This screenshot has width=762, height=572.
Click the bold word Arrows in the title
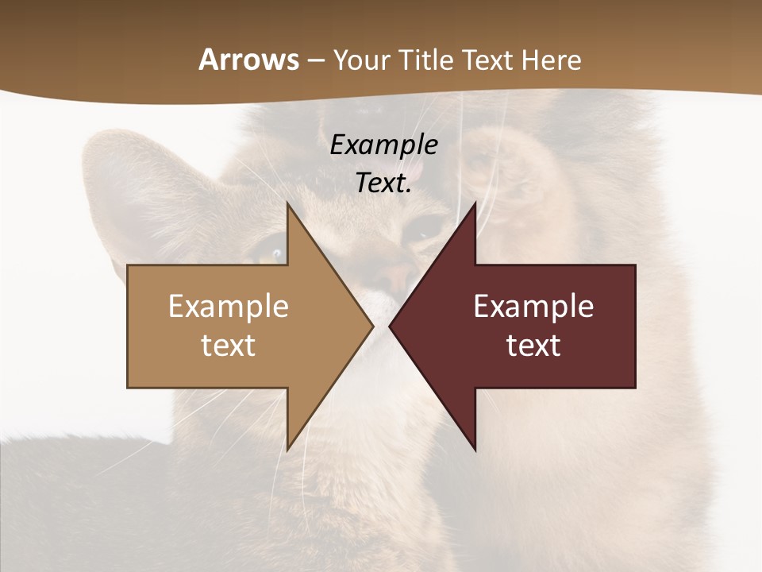248,60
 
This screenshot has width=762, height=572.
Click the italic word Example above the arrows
383,145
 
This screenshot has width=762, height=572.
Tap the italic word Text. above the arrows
383,183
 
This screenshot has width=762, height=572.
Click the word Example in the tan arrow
229,307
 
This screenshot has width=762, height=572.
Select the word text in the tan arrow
229,346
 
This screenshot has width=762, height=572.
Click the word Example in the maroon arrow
533,307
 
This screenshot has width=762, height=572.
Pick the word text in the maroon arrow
533,346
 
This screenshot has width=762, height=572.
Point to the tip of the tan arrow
371,326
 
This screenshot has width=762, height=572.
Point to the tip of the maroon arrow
391,326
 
